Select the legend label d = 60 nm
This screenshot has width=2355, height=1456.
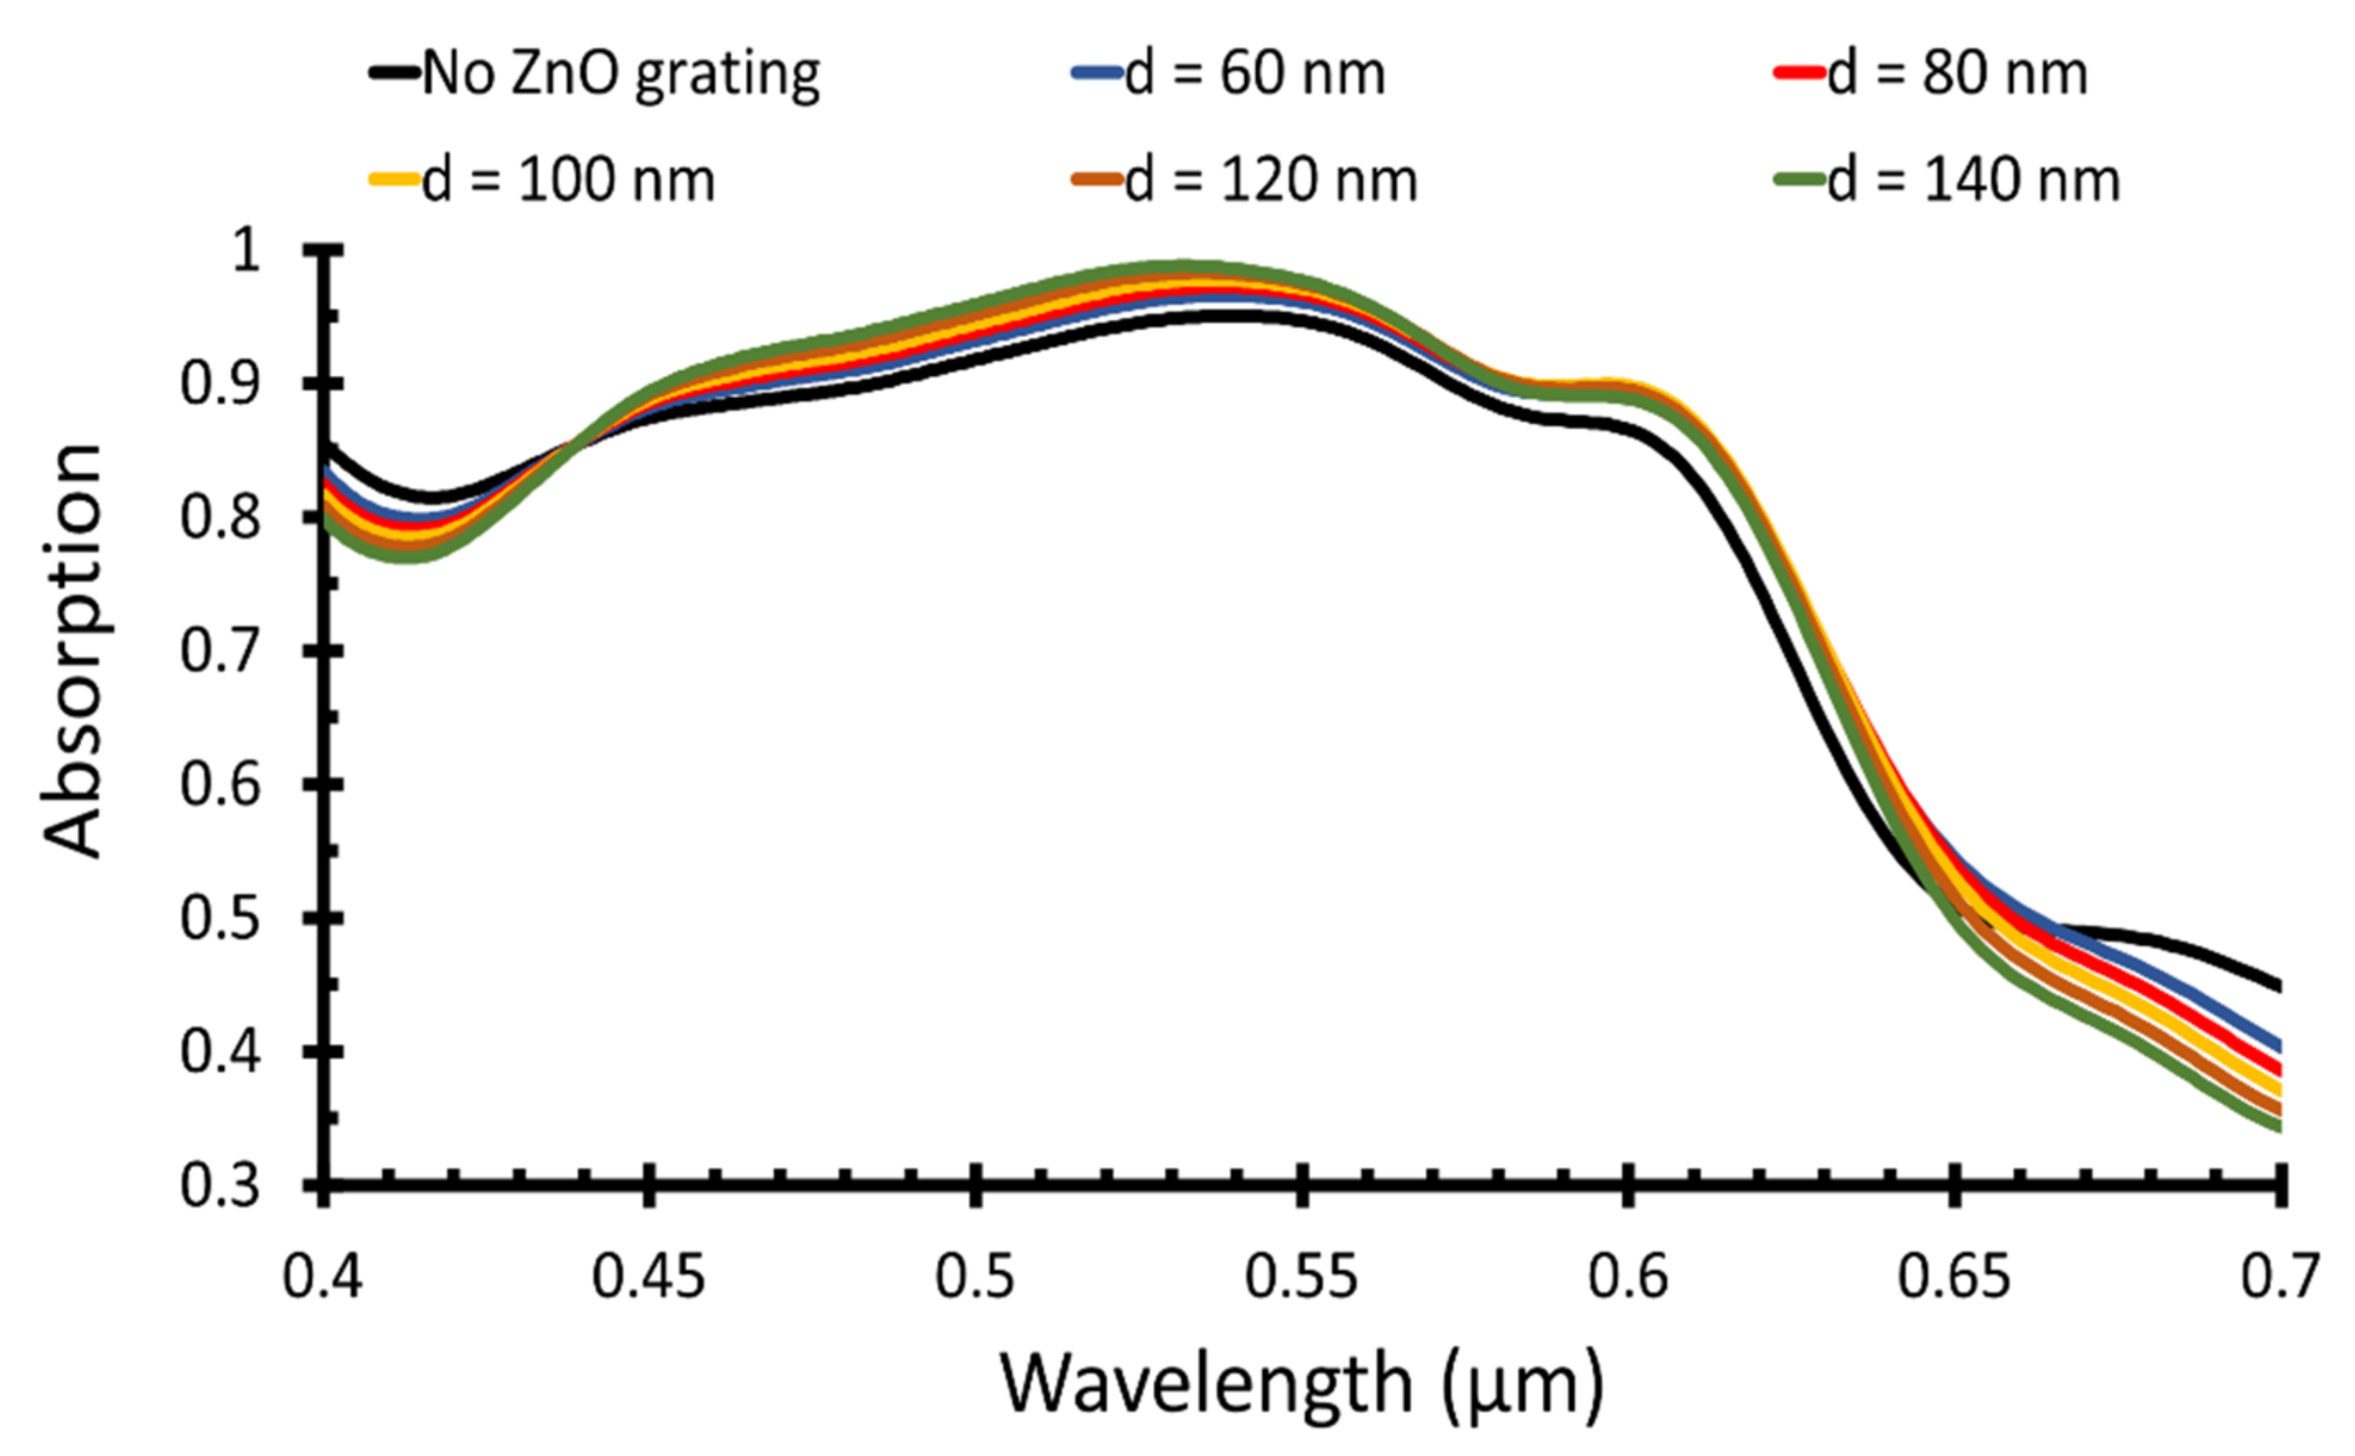(1254, 73)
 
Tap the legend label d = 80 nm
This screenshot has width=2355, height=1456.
(1957, 73)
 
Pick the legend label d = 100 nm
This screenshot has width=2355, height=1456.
(569, 180)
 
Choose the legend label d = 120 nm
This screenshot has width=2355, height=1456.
(1272, 180)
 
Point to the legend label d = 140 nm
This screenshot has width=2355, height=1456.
(1974, 180)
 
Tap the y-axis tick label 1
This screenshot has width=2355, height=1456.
(247, 252)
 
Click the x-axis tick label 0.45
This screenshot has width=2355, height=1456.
(649, 1277)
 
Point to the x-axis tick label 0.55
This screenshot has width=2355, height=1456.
(1301, 1277)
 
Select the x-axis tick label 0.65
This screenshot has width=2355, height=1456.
(1954, 1277)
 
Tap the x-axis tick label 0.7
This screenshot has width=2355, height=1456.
(2279, 1277)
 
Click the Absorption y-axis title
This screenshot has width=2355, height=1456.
(73, 651)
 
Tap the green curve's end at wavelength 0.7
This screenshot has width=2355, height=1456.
(2279, 1128)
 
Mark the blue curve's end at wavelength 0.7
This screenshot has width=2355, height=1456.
(2279, 1047)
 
